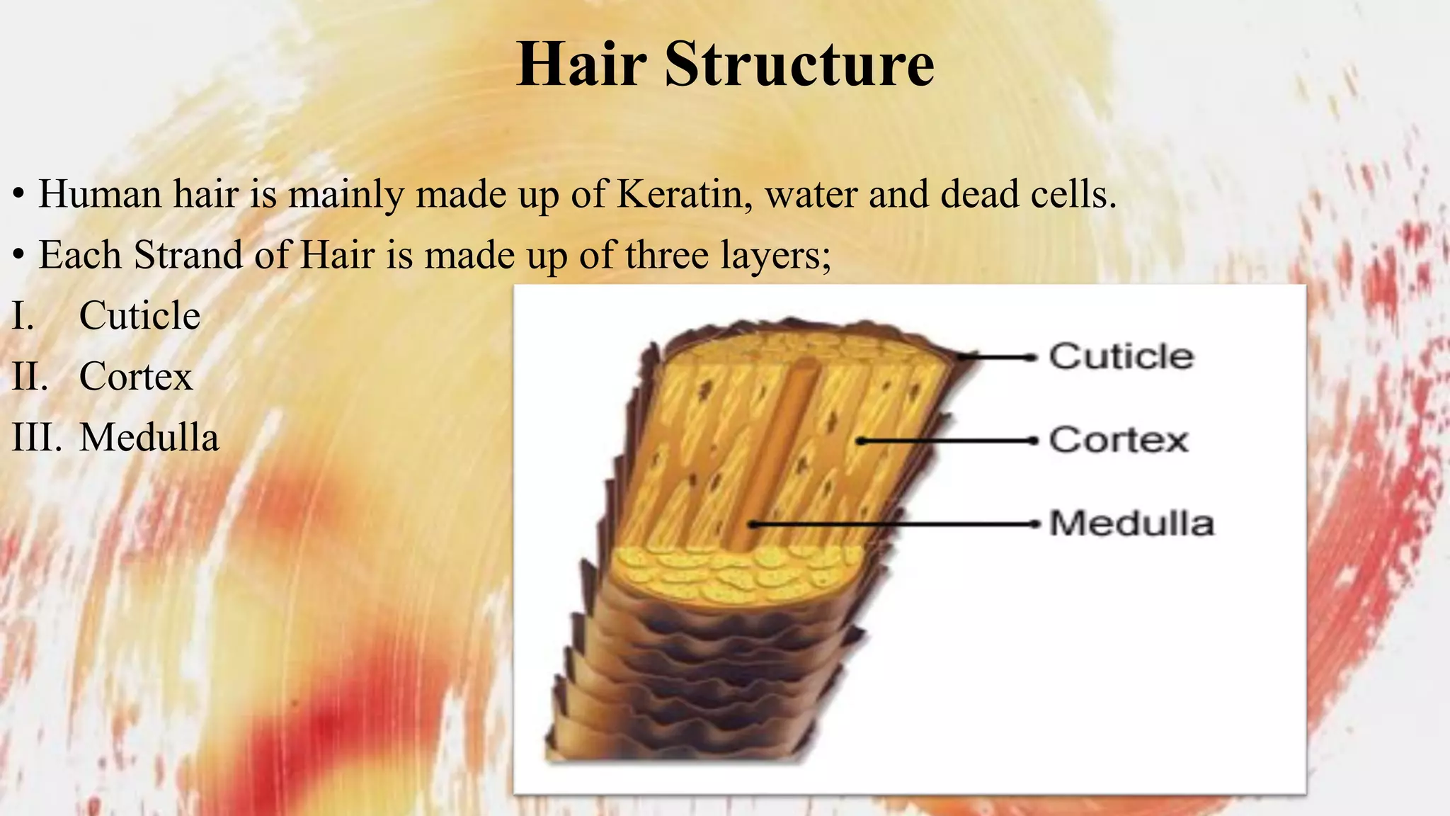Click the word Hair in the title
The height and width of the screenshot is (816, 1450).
point(581,64)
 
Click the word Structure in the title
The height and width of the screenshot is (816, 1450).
point(799,64)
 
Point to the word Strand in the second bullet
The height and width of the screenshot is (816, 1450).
point(188,254)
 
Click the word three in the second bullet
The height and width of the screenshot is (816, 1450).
point(667,254)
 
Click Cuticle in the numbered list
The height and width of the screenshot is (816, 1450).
point(139,315)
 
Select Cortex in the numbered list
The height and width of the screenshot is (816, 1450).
point(136,376)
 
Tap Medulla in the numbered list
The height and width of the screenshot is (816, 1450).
point(149,437)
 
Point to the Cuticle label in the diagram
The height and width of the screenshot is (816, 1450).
point(1121,356)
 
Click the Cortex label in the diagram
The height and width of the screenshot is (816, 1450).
point(1118,440)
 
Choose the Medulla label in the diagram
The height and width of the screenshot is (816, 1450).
point(1131,523)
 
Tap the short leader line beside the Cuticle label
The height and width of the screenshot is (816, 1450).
point(998,357)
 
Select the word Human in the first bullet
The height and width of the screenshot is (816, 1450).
point(101,193)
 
